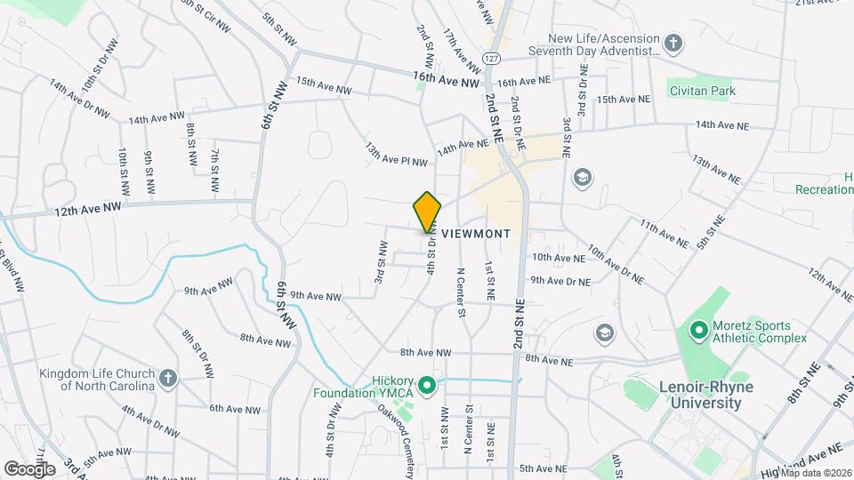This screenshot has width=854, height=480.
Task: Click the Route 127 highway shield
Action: point(492,57)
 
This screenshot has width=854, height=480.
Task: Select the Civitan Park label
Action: point(704,90)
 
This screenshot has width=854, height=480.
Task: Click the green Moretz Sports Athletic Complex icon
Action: point(698,330)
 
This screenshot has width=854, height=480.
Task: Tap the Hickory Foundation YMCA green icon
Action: point(426,385)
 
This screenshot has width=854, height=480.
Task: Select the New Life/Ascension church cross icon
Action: point(674,44)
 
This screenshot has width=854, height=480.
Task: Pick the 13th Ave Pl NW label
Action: point(396,153)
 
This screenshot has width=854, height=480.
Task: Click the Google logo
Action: point(29,468)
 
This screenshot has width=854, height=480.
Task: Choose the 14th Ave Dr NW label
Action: point(79,100)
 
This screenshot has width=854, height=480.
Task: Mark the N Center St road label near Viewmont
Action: point(461,291)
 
